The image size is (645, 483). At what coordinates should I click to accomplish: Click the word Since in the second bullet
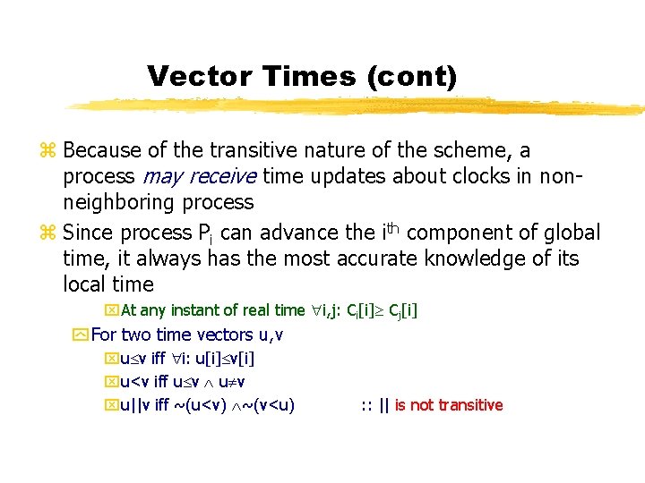89,233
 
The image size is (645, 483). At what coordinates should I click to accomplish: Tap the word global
571,233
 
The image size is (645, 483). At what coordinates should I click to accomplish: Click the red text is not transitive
448,405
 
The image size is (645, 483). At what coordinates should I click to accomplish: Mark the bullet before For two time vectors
81,335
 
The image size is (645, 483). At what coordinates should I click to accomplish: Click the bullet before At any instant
112,310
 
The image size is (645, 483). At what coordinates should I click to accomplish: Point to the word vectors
236,335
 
